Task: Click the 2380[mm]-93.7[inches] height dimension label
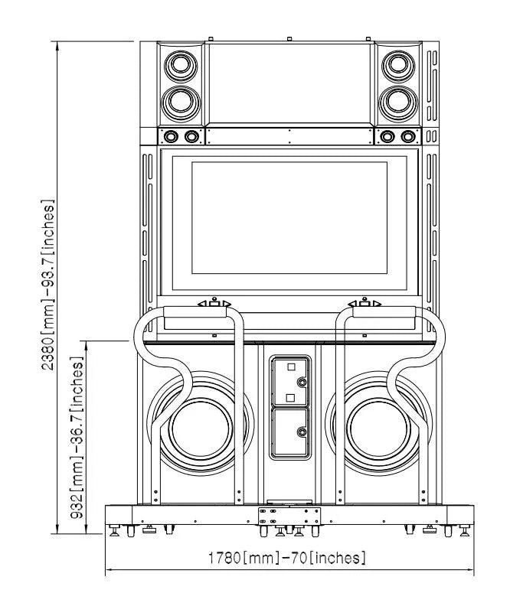48,285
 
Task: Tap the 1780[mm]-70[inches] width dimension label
286,558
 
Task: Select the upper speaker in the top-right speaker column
397,64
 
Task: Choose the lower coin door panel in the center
289,432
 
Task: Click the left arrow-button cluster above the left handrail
215,305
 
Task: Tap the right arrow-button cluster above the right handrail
365,305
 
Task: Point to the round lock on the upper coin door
302,381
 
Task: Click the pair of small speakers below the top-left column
181,136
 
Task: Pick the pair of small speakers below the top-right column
397,136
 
